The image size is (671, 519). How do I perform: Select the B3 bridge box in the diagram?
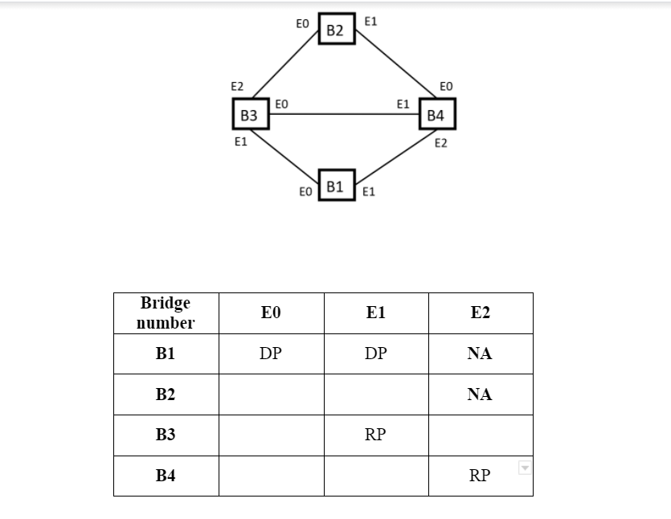coord(249,115)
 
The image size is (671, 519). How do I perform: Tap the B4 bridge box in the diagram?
coord(436,115)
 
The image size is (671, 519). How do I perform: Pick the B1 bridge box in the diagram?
coord(336,186)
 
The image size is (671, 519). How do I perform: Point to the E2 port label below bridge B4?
coord(440,144)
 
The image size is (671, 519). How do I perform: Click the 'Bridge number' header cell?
coord(166,313)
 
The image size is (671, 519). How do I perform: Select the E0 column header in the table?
coord(271,313)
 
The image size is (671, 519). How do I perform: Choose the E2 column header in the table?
coord(480,313)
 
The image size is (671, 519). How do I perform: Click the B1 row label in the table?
coord(166,354)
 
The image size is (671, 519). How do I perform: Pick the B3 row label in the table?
coord(166,435)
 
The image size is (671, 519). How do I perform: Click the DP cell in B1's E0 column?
coord(271,354)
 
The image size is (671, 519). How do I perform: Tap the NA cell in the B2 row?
coord(480,394)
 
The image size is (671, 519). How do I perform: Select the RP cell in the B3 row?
coord(375,435)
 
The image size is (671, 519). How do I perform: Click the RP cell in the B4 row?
coord(480,476)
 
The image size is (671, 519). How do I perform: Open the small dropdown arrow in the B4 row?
coord(525,468)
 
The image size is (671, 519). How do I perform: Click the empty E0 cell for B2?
coord(271,394)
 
